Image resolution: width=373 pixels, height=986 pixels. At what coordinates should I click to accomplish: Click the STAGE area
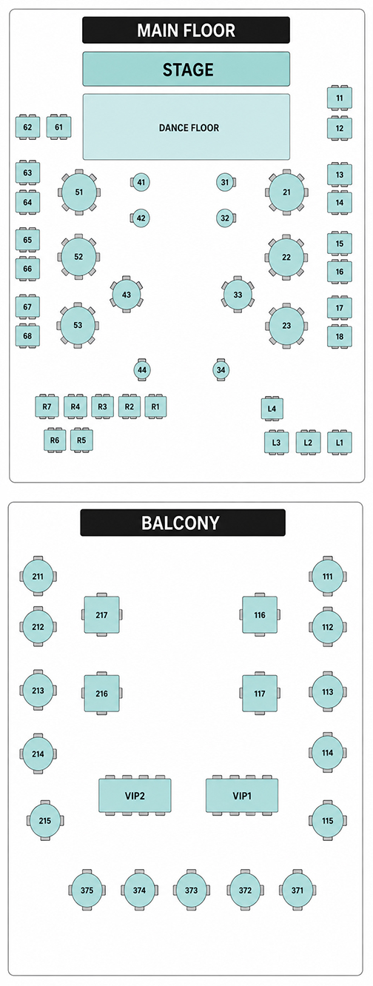pos(186,69)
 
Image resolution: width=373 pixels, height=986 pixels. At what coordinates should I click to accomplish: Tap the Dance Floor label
pos(189,127)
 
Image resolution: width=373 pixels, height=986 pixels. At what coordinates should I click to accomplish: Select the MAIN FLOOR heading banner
pos(186,30)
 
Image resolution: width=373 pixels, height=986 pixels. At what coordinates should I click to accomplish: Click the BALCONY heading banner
pos(183,523)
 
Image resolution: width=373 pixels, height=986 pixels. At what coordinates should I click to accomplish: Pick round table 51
pos(78,192)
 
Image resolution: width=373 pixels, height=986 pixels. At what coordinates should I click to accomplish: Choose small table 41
pos(141,182)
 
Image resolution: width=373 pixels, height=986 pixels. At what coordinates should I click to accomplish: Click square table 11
pos(340,98)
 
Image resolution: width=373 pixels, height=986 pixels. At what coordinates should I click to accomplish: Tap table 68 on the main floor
pos(27,336)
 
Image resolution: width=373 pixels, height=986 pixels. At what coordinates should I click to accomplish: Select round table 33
pos(238,295)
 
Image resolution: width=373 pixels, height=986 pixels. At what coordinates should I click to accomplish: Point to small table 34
pos(221,370)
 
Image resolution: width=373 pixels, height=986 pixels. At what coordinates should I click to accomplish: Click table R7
pos(47,406)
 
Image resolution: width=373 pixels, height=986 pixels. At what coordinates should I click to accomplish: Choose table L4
pos(272,409)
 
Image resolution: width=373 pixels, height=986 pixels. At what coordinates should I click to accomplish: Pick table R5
pos(81,440)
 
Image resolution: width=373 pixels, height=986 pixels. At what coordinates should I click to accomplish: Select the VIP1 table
pos(242,796)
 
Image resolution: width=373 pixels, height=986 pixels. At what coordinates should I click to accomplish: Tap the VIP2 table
pos(135,796)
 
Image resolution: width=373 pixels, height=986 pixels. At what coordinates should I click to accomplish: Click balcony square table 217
pos(101,615)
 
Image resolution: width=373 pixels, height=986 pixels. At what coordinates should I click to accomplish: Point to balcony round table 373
pos(191,890)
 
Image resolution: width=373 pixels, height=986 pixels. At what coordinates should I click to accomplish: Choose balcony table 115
pos(327,820)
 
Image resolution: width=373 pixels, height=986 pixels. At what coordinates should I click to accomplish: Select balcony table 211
pos(38,576)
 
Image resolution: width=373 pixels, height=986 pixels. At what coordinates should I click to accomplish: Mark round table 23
pos(286,326)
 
